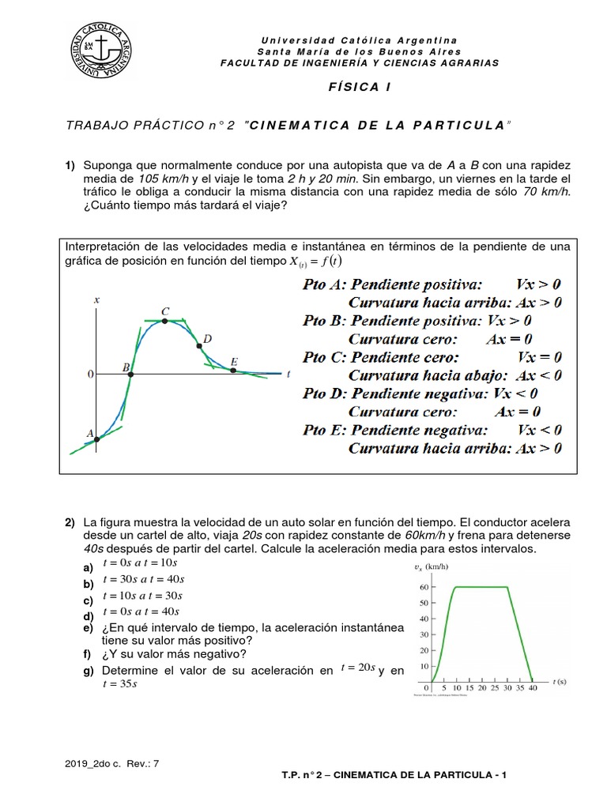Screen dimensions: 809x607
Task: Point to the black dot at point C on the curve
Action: (x=165, y=322)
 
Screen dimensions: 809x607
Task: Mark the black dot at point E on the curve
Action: (x=233, y=370)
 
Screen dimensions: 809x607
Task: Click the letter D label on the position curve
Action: (x=207, y=339)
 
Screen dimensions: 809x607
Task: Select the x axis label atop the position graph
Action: (x=96, y=299)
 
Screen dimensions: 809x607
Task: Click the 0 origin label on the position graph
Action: (x=90, y=372)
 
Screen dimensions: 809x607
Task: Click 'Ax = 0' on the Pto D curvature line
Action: (x=518, y=412)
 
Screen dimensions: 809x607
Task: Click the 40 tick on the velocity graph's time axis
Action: (x=533, y=689)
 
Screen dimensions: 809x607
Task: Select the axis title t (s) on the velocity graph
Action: (x=560, y=680)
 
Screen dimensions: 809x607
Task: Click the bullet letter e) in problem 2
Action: (x=87, y=628)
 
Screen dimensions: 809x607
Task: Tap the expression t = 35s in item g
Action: (x=120, y=684)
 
